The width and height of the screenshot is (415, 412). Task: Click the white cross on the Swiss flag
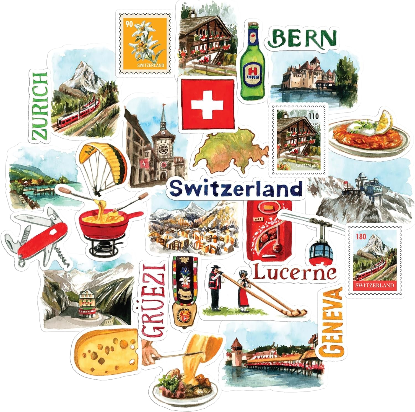pyautogui.click(x=207, y=105)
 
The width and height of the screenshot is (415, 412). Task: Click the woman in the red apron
pyautogui.click(x=244, y=288)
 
